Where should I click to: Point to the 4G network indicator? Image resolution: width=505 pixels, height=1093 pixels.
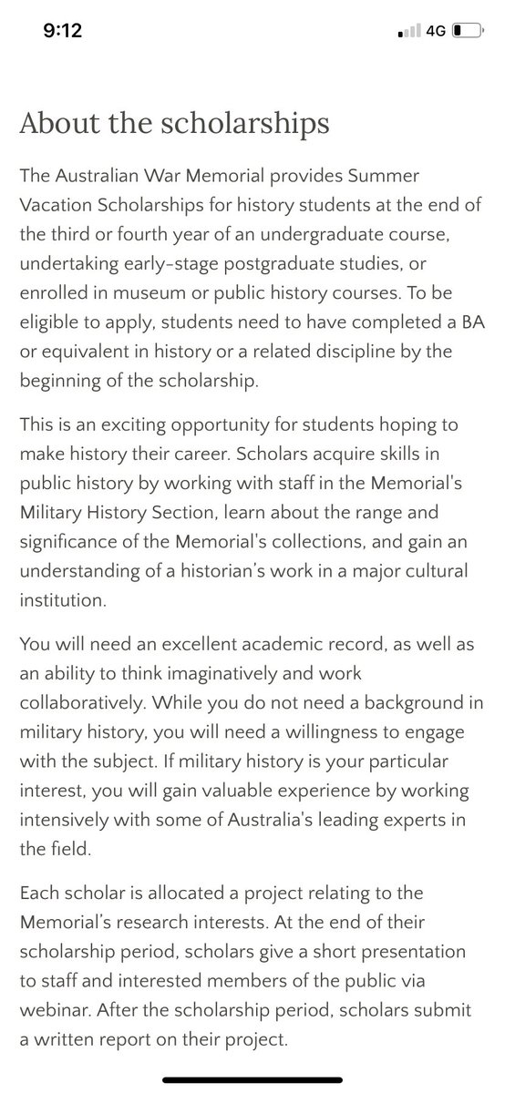pyautogui.click(x=435, y=30)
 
